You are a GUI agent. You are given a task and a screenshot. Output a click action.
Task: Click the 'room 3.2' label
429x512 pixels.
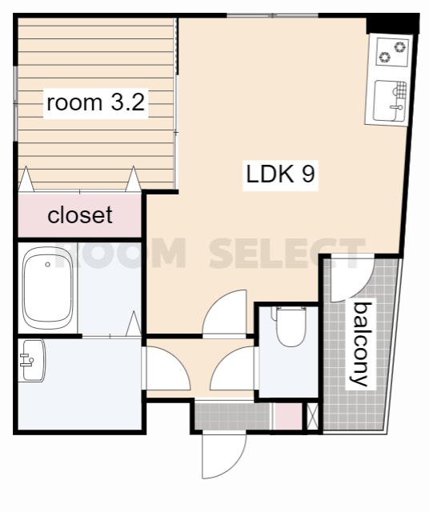pos(96,102)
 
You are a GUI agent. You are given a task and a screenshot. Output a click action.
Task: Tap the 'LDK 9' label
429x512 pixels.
pos(280,174)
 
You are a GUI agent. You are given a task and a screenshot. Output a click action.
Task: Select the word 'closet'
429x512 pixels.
pos(80,215)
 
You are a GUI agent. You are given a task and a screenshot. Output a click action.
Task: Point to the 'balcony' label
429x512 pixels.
pos(361,344)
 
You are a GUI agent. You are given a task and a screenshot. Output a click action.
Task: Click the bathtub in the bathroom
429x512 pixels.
pos(48,288)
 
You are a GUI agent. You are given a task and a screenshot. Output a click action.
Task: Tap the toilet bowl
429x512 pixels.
pos(291,326)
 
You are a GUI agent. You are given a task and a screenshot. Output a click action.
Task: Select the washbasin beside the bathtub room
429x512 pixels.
pos(32,360)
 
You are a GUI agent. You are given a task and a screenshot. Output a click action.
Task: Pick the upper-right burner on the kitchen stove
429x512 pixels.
pos(400,47)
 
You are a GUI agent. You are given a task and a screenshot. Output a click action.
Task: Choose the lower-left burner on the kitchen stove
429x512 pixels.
pos(384,58)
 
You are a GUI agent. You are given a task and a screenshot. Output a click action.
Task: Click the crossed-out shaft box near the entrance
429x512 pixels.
pos(313,416)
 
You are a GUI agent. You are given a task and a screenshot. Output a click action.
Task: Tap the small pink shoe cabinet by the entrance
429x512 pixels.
pos(288,416)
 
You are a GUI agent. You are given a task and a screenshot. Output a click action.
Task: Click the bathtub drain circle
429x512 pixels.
pos(48,265)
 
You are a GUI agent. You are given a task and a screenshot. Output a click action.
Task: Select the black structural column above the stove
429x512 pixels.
pos(392,24)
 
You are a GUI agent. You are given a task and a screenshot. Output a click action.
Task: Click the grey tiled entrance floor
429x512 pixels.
pos(233,416)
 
